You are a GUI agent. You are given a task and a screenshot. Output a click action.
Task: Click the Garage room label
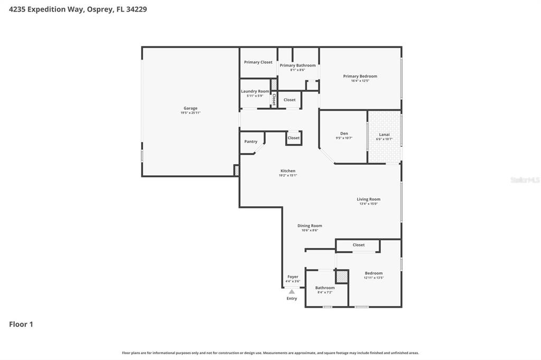(x=190, y=108)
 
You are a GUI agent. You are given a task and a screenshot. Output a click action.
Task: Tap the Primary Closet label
(x=258, y=62)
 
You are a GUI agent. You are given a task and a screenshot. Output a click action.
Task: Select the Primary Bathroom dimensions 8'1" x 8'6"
(x=297, y=70)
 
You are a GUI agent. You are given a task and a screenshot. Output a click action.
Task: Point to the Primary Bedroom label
(x=360, y=76)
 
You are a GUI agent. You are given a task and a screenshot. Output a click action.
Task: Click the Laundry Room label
(x=255, y=91)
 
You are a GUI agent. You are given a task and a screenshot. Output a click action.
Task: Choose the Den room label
(x=344, y=134)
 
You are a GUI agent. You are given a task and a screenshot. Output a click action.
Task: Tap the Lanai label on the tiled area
(x=384, y=135)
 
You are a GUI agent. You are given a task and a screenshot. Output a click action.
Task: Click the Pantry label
(x=251, y=141)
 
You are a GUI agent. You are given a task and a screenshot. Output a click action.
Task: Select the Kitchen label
(x=288, y=171)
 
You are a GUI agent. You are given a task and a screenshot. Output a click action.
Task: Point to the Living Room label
(x=368, y=200)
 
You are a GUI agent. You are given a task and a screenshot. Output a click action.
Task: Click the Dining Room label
(x=310, y=226)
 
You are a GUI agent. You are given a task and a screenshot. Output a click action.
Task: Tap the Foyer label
(x=293, y=277)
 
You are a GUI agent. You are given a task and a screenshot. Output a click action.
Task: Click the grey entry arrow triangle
(x=292, y=291)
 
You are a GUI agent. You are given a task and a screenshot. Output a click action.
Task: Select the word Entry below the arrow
(x=292, y=299)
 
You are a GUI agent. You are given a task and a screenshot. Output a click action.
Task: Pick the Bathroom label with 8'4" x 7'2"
(x=325, y=288)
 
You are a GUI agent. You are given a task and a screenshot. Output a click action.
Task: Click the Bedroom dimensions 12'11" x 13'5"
(x=374, y=278)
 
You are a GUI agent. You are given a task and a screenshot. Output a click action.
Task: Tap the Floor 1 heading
(x=21, y=324)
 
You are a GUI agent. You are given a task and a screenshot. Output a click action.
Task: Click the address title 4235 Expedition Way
(x=45, y=9)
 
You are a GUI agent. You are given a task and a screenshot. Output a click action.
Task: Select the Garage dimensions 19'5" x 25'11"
(x=190, y=112)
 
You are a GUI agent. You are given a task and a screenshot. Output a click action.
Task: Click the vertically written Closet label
(x=274, y=99)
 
